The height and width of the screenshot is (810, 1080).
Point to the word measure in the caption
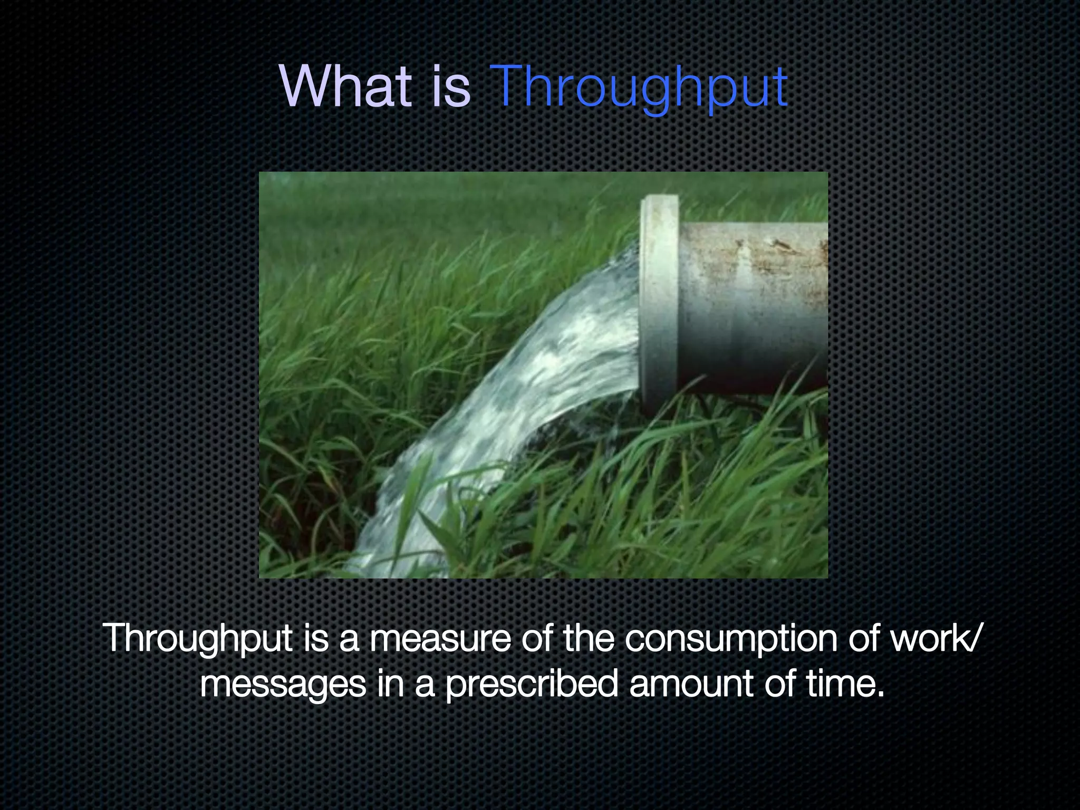(440, 638)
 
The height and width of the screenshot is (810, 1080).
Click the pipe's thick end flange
(659, 301)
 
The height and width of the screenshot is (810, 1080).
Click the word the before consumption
(589, 638)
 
